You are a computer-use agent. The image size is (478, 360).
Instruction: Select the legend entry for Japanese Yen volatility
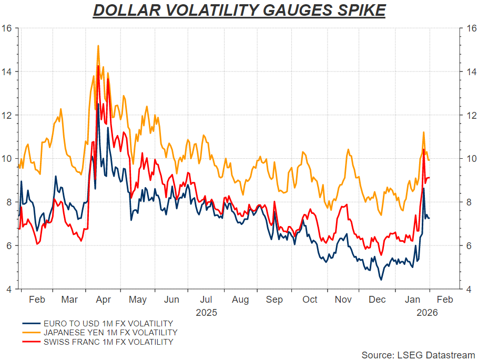pyautogui.click(x=110, y=333)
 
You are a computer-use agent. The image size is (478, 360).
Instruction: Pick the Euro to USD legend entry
pyautogui.click(x=108, y=323)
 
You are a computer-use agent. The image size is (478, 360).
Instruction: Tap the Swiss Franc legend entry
pyautogui.click(x=108, y=342)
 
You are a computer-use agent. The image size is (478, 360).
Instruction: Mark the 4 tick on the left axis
pyautogui.click(x=9, y=289)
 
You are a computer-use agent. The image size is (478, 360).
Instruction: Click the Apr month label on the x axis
pyautogui.click(x=104, y=300)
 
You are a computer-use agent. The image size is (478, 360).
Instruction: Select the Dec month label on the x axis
pyautogui.click(x=378, y=300)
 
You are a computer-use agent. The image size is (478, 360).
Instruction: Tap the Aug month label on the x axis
pyautogui.click(x=240, y=300)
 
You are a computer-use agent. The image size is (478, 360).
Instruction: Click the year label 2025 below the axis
pyautogui.click(x=206, y=312)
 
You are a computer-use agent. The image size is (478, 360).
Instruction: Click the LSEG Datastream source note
pyautogui.click(x=418, y=355)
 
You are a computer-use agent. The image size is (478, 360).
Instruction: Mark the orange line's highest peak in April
pyautogui.click(x=98, y=46)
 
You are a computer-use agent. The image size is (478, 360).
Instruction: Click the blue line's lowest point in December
pyautogui.click(x=381, y=280)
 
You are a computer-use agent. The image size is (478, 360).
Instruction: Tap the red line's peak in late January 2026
pyautogui.click(x=424, y=150)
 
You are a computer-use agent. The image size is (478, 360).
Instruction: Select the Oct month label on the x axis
pyautogui.click(x=310, y=300)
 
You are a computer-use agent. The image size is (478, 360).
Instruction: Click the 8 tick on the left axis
pyautogui.click(x=9, y=202)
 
